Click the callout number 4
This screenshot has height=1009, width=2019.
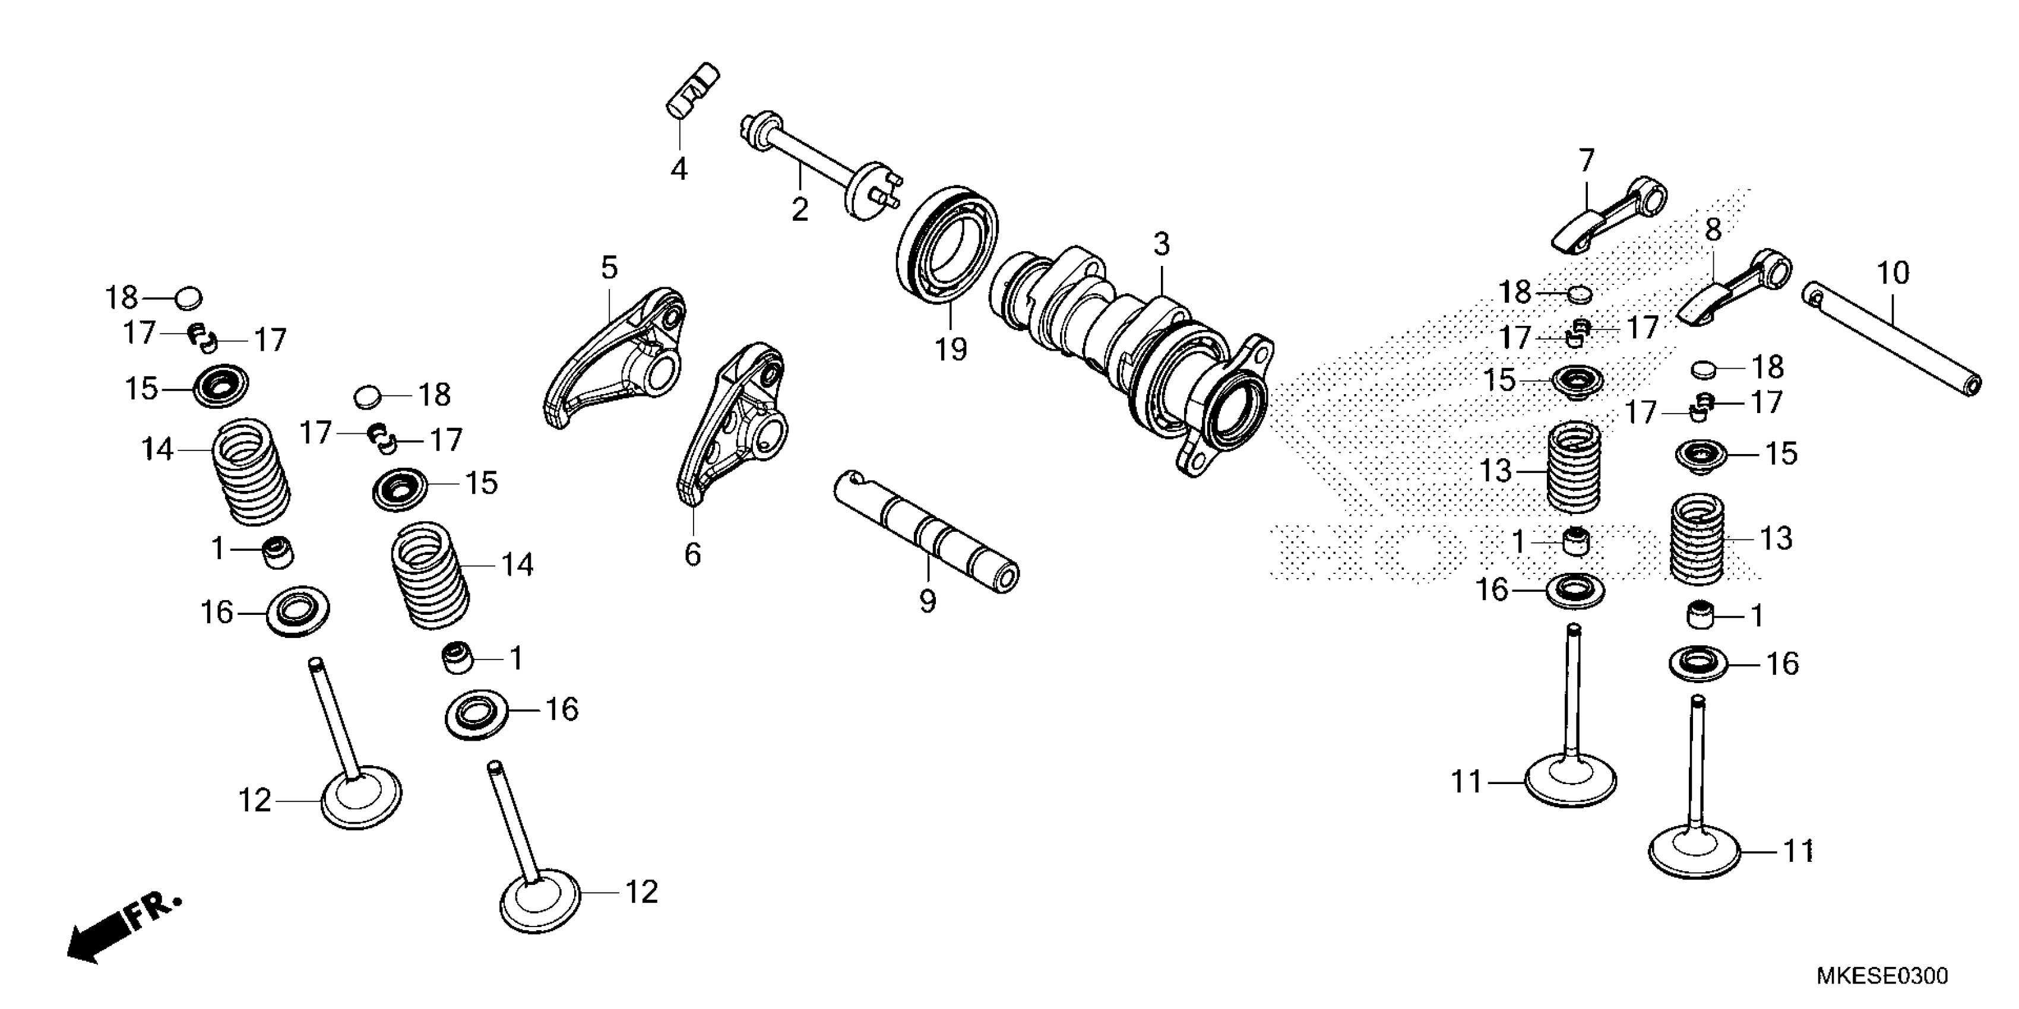(679, 169)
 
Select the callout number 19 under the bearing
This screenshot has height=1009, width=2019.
(951, 348)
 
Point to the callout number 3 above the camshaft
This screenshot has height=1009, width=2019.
(1162, 245)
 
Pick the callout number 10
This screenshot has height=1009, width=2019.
(1893, 274)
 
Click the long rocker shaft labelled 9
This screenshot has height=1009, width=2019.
(925, 531)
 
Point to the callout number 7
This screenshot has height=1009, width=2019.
(1586, 161)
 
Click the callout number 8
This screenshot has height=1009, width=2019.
(1713, 230)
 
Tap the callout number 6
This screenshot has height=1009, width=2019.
(692, 554)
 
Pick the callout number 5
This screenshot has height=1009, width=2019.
(609, 268)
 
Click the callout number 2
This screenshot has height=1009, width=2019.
(799, 210)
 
